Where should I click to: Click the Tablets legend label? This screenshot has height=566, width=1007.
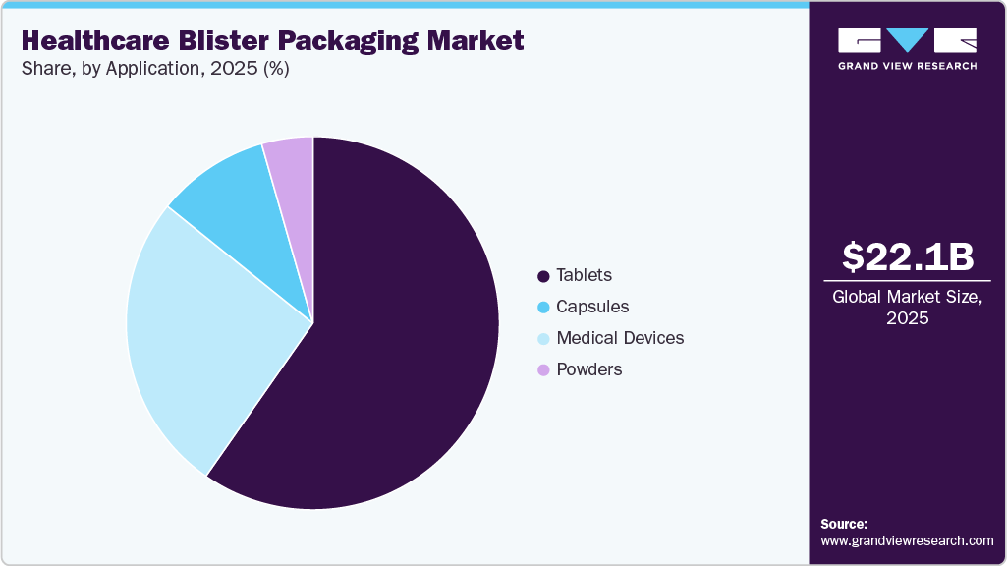pyautogui.click(x=584, y=275)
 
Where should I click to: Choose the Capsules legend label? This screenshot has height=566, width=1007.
pyautogui.click(x=592, y=307)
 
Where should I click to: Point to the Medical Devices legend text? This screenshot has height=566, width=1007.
pyautogui.click(x=620, y=338)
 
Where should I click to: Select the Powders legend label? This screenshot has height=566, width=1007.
pyautogui.click(x=589, y=369)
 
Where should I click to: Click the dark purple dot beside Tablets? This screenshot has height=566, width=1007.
pyautogui.click(x=543, y=275)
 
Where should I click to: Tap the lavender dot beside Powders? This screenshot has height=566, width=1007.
pyautogui.click(x=543, y=369)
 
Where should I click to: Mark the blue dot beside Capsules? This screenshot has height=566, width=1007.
pyautogui.click(x=543, y=307)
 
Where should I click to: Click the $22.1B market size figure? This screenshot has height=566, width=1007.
pyautogui.click(x=908, y=256)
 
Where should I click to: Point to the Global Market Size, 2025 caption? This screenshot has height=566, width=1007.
pyautogui.click(x=908, y=307)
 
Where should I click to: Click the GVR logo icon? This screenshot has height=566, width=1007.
pyautogui.click(x=907, y=40)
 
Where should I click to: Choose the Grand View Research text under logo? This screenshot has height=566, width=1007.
pyautogui.click(x=907, y=66)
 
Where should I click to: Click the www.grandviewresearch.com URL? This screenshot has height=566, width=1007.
pyautogui.click(x=907, y=540)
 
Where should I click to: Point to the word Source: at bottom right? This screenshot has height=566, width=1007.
pyautogui.click(x=844, y=524)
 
